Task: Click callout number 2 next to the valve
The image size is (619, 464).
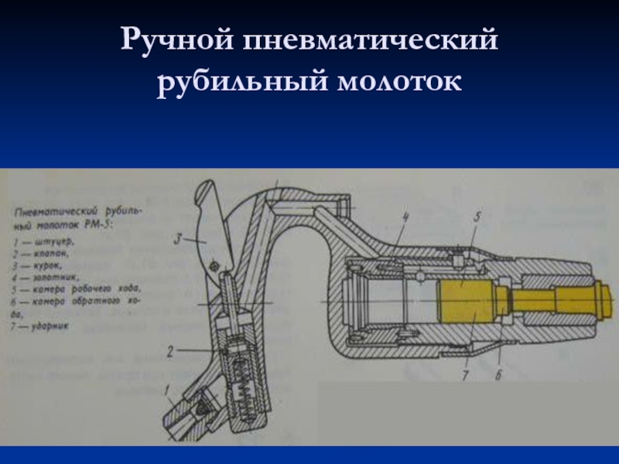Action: point(169,351)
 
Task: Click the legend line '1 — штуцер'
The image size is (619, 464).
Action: point(46,243)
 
